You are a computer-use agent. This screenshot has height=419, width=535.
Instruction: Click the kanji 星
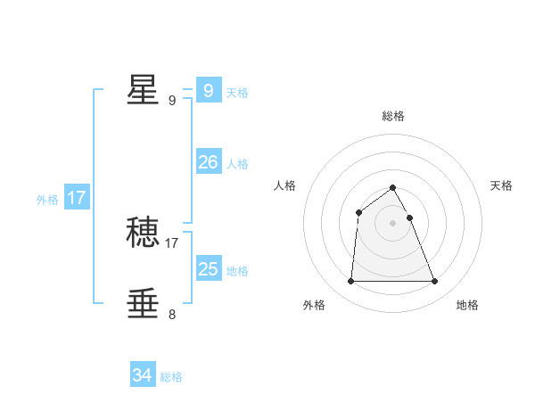tap(143, 90)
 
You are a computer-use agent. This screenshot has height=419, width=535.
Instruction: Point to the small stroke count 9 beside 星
tap(172, 101)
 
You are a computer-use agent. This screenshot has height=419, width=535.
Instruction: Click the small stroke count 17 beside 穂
tap(172, 242)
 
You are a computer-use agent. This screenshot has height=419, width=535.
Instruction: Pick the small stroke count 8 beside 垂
tap(172, 314)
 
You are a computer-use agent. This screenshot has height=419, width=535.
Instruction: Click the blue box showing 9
tap(208, 91)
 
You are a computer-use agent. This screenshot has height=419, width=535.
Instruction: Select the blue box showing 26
tap(208, 162)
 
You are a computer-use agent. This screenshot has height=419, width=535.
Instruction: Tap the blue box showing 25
tap(208, 268)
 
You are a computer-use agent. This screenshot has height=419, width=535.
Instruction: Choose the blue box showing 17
tap(77, 198)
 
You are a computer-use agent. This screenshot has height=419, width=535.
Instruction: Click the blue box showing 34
tap(142, 375)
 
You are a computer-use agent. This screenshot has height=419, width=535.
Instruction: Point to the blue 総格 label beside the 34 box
tap(171, 377)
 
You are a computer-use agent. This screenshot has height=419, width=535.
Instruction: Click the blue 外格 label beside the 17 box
tap(47, 200)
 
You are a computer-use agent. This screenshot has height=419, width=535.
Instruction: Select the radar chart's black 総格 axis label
tap(393, 116)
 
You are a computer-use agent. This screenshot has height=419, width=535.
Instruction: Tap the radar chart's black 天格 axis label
tap(501, 185)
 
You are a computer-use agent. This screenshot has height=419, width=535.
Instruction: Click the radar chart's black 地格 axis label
tap(467, 305)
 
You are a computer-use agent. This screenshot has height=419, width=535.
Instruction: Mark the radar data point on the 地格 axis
tap(435, 282)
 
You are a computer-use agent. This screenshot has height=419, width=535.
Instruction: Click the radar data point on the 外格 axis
tap(350, 282)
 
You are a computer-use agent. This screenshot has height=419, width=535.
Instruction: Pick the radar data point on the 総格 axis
tap(393, 187)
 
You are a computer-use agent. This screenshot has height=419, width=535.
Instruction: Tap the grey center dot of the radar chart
tap(393, 223)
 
